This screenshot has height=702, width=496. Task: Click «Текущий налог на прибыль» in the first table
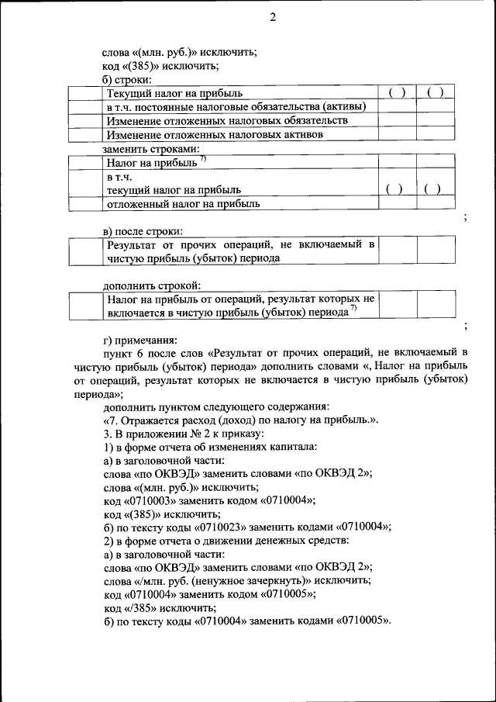coord(174,94)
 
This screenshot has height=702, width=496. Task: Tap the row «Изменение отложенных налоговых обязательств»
coord(227,121)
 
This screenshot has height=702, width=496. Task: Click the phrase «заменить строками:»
coord(151,148)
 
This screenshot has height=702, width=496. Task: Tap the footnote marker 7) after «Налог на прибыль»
coord(202,159)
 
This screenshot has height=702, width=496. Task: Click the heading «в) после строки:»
coord(143,230)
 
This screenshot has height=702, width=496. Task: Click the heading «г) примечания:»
coord(140,339)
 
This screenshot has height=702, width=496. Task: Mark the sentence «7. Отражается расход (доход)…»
coord(241,420)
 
